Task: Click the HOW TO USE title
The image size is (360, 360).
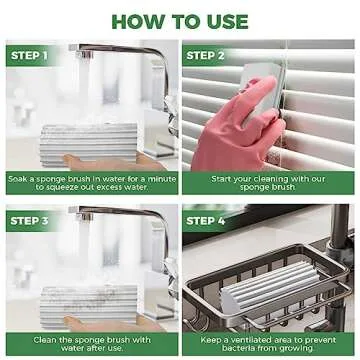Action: point(180,19)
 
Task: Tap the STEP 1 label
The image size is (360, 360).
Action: point(30,55)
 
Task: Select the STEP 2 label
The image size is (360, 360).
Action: point(207,55)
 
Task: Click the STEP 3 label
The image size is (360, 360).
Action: point(30,220)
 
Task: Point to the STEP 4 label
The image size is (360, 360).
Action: point(207,220)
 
